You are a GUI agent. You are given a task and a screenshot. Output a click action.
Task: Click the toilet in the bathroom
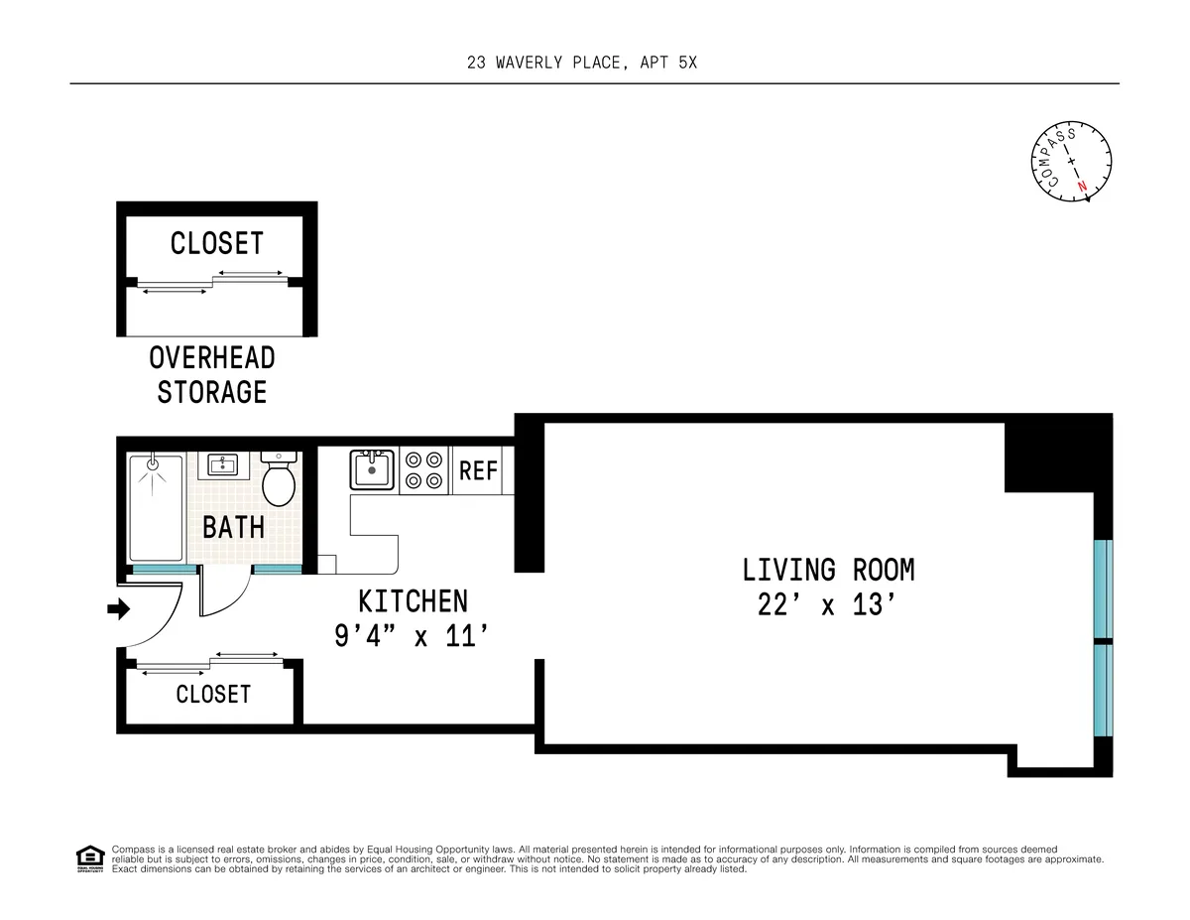pos(279,480)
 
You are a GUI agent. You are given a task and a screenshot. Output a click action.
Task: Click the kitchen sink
pos(372,468)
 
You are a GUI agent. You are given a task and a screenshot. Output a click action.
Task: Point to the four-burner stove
pos(423,469)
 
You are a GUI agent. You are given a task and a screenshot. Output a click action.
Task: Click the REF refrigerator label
pos(478,469)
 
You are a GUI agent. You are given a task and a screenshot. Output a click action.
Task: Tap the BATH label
pos(234,526)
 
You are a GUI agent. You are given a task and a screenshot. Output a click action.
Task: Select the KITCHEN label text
pos(413,601)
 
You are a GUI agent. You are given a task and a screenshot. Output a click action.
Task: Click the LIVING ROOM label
pos(828,570)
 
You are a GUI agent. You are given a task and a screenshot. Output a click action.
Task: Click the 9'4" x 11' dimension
pos(413,635)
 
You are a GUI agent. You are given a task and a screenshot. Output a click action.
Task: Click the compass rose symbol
pos(1069,161)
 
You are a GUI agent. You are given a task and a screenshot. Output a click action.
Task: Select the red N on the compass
pos(1083,187)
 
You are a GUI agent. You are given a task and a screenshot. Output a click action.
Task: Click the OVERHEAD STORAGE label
pos(212,374)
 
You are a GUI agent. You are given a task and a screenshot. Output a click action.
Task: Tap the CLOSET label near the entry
pos(213,694)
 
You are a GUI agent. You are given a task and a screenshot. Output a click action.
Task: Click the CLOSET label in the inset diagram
pos(217,243)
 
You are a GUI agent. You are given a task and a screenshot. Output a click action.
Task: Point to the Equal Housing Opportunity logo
pos(89,858)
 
